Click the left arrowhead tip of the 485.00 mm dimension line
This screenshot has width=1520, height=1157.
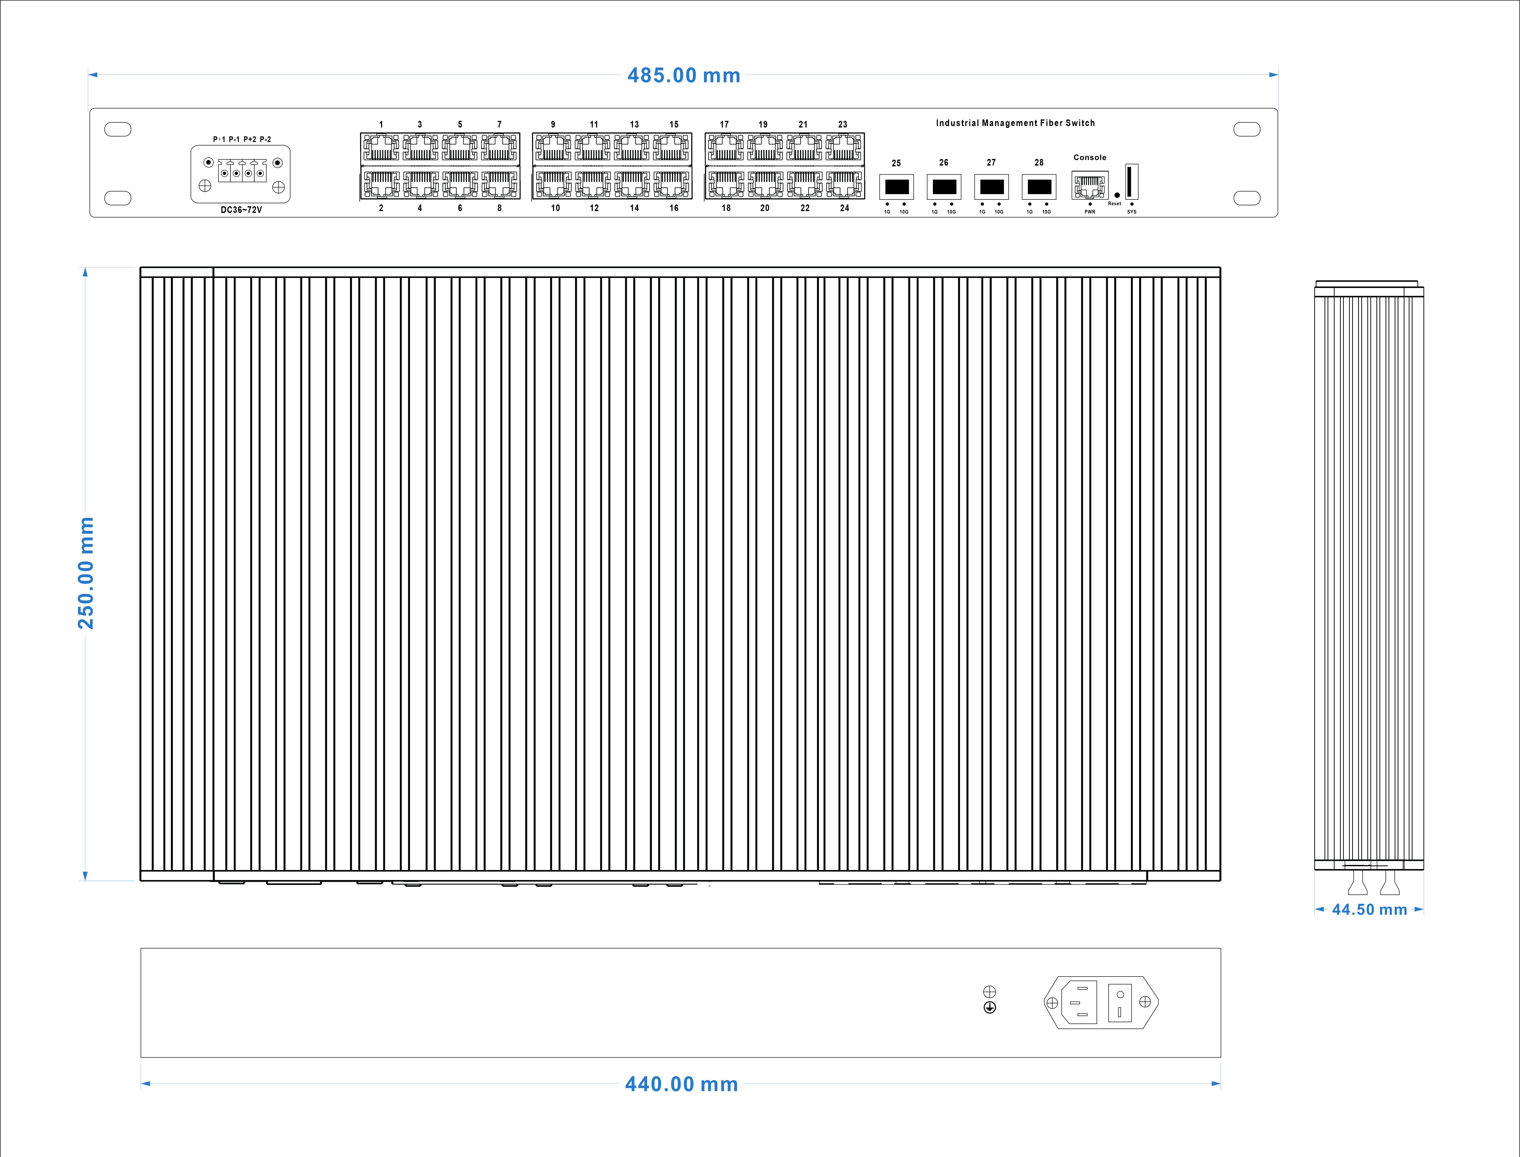[89, 74]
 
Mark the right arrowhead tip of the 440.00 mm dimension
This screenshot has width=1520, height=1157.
[1220, 1083]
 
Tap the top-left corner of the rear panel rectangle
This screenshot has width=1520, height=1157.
[141, 948]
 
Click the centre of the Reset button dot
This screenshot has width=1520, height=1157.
[1117, 195]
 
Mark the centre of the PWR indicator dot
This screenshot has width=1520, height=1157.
[1090, 204]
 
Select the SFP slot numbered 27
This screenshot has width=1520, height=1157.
[992, 187]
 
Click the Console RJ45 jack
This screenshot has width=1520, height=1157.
[1090, 186]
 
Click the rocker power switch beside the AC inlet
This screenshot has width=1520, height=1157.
[1120, 1003]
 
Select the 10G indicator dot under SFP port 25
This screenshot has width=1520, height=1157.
[904, 204]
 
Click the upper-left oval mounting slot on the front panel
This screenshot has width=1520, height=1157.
[118, 129]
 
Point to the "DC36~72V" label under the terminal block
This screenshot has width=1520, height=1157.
[241, 210]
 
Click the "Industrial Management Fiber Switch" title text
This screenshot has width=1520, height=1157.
[1015, 123]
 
